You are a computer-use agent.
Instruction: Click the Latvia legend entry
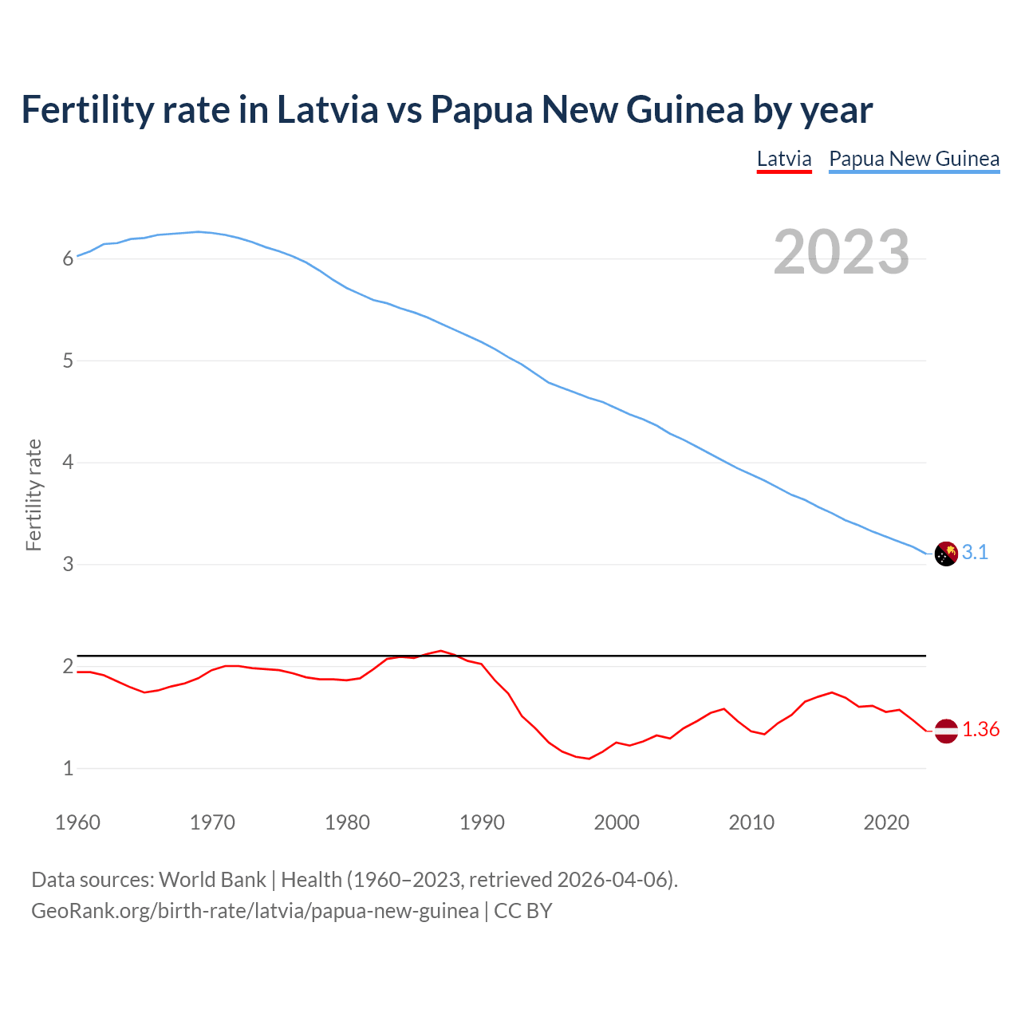pyautogui.click(x=784, y=159)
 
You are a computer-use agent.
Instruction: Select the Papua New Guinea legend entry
pyautogui.click(x=914, y=159)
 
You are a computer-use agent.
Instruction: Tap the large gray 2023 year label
pyautogui.click(x=842, y=252)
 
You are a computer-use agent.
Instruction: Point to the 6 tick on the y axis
pyautogui.click(x=69, y=258)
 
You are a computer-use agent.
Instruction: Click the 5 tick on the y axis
pyautogui.click(x=69, y=361)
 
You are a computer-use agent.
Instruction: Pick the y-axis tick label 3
pyautogui.click(x=69, y=565)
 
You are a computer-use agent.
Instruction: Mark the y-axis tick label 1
pyautogui.click(x=69, y=769)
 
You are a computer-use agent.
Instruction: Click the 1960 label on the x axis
pyautogui.click(x=77, y=822)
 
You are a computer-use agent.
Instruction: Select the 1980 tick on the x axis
pyautogui.click(x=347, y=822)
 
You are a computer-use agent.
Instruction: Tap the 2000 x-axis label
pyautogui.click(x=617, y=822)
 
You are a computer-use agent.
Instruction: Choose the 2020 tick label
pyautogui.click(x=886, y=822)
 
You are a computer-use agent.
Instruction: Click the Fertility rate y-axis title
pyautogui.click(x=34, y=495)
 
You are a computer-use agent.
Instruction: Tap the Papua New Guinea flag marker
pyautogui.click(x=946, y=554)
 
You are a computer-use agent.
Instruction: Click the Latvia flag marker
pyautogui.click(x=946, y=731)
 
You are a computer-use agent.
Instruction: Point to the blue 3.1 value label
pyautogui.click(x=975, y=553)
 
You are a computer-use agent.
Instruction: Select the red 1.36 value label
pyautogui.click(x=980, y=730)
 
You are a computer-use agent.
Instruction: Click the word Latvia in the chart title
pyautogui.click(x=327, y=109)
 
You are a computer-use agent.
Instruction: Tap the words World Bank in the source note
pyautogui.click(x=212, y=879)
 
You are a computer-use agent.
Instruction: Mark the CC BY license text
pyautogui.click(x=523, y=910)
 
